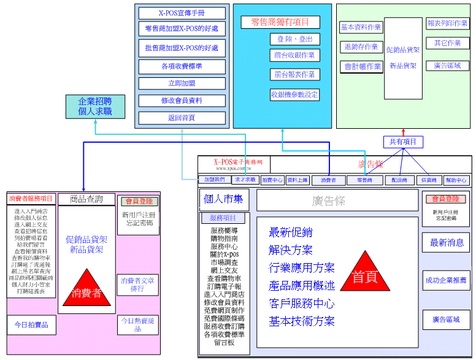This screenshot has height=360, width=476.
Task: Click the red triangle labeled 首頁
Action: click(x=364, y=275)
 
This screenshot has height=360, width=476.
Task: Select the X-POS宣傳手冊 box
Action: click(x=182, y=13)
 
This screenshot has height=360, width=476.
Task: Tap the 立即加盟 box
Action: click(x=182, y=83)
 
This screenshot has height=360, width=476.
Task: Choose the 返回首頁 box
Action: click(x=182, y=118)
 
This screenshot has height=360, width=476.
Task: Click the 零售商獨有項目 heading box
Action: click(x=280, y=22)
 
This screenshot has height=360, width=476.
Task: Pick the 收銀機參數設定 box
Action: click(x=294, y=94)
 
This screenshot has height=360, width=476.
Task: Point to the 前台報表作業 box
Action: click(x=294, y=74)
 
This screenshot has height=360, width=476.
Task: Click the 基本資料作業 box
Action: click(x=361, y=27)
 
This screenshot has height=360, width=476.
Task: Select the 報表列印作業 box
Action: click(x=448, y=23)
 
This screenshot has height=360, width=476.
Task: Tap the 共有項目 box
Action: click(x=403, y=142)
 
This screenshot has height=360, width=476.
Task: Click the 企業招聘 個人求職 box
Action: click(x=95, y=107)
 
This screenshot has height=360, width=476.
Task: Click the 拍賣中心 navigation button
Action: click(x=272, y=180)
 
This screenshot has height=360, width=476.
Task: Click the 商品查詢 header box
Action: click(x=86, y=199)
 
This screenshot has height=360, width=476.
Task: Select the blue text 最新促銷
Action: click(x=291, y=232)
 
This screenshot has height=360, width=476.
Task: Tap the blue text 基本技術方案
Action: click(x=302, y=321)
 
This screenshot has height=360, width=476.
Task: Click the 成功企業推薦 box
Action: click(x=446, y=280)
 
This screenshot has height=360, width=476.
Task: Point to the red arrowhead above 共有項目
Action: click(x=403, y=131)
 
